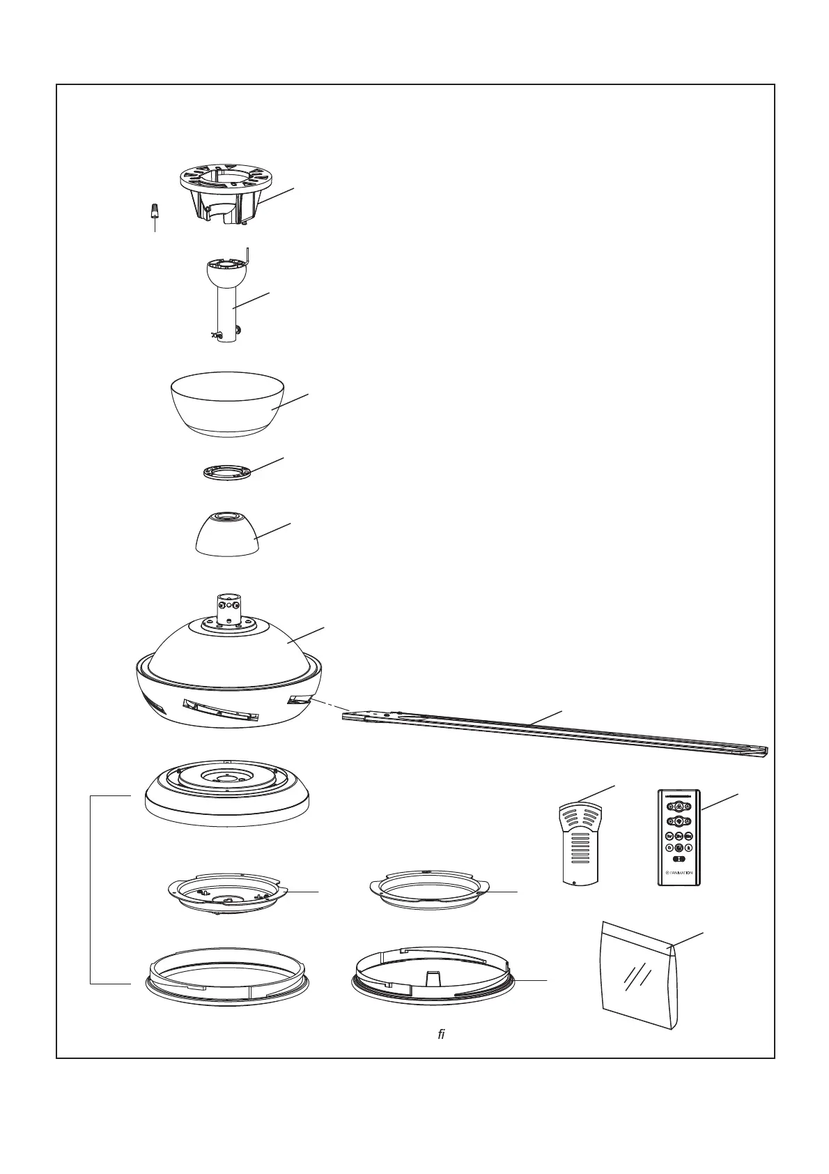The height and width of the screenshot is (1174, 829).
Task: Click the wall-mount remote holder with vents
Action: pos(580,844)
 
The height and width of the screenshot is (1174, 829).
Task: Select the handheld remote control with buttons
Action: pos(678,837)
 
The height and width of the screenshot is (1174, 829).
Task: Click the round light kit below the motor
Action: pos(226,795)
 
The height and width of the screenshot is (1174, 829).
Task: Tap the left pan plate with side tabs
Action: pos(227,897)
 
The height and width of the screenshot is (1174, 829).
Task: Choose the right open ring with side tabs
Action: pos(426,892)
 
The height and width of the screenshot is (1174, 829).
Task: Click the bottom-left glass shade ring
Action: pos(226,976)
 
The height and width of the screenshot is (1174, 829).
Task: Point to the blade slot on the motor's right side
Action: pos(300,699)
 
